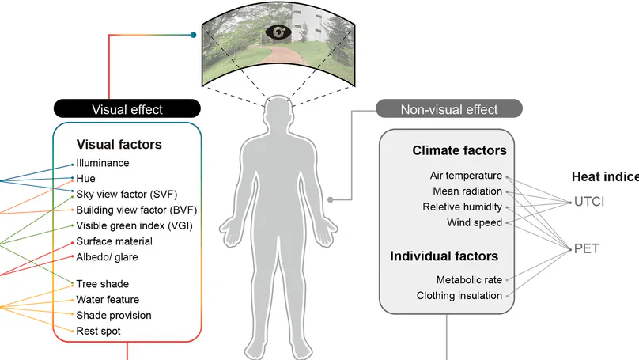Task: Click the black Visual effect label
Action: tap(127, 109)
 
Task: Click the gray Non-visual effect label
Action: tap(449, 109)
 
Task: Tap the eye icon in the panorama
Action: tap(279, 32)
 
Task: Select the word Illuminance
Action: tap(103, 163)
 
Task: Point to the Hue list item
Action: tap(85, 179)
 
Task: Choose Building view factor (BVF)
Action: tap(136, 210)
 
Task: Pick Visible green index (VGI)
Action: tap(134, 225)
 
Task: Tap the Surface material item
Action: tap(114, 241)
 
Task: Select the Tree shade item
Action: tap(102, 284)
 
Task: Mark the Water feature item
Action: tap(108, 300)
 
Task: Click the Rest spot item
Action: tap(99, 331)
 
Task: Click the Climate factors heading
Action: tap(459, 150)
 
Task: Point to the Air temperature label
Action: tap(466, 176)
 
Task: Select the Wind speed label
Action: tap(475, 222)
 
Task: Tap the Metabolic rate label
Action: tap(469, 279)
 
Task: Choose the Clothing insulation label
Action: tap(459, 295)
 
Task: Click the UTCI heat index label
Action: tap(588, 202)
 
